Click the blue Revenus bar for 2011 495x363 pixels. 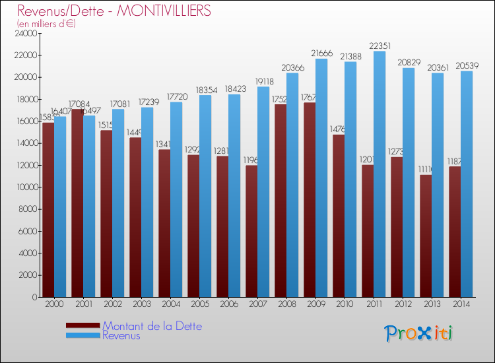(379, 175)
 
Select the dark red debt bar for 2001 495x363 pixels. (77, 203)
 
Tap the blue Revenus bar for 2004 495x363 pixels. (176, 199)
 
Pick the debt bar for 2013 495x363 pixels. (426, 236)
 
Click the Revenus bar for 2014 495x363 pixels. (467, 184)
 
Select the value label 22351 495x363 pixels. (380, 46)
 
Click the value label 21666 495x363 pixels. (322, 53)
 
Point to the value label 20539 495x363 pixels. (467, 65)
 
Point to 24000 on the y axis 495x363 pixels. (25, 33)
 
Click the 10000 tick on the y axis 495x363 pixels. (25, 187)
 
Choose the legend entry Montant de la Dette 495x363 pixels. (152, 326)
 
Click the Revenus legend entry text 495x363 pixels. (121, 335)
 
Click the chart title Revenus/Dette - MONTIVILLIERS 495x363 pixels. (114, 11)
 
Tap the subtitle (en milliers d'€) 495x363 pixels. (46, 24)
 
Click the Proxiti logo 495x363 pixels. (419, 333)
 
